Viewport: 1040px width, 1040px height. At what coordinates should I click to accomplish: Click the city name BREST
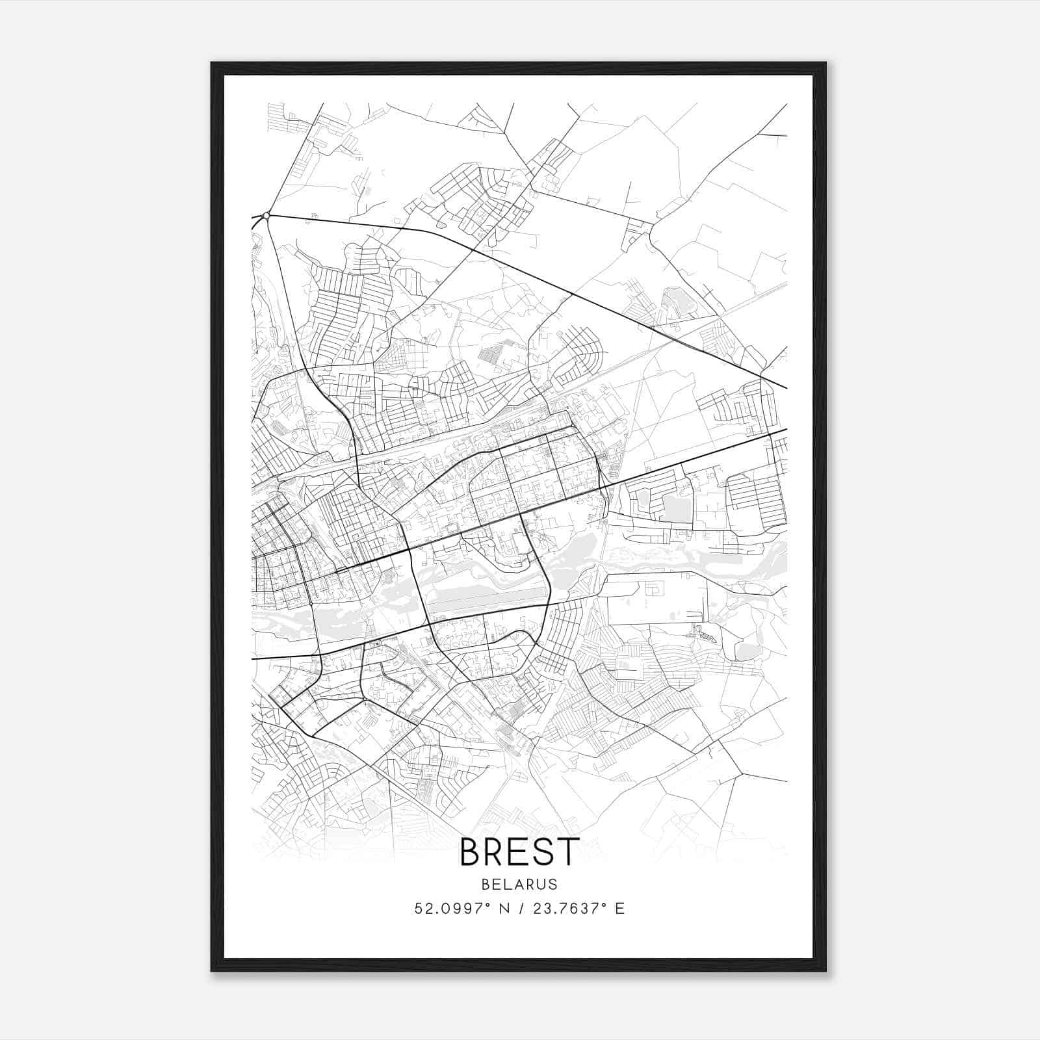(519, 851)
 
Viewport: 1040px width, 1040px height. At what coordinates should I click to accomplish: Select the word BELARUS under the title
(519, 884)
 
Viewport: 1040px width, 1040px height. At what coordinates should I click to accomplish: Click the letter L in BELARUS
(506, 884)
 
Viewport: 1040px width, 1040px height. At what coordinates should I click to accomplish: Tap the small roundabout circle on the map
(266, 215)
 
